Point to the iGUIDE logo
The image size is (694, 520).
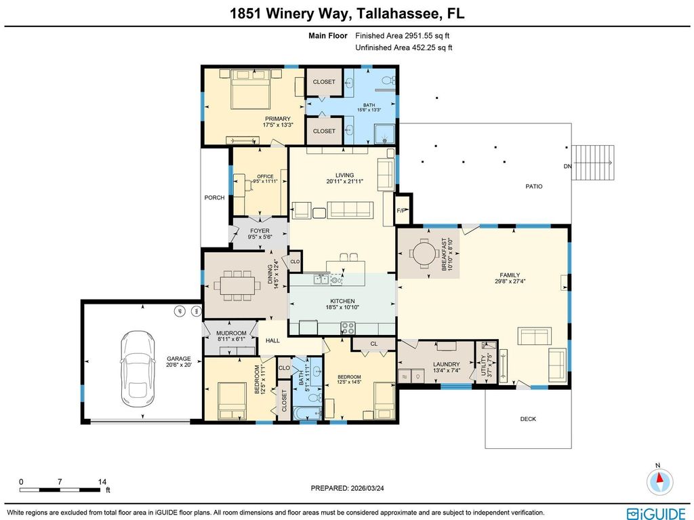click(x=656, y=513)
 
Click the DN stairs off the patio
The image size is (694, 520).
click(x=593, y=163)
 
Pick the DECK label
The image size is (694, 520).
click(x=528, y=418)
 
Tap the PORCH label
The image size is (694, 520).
click(x=214, y=197)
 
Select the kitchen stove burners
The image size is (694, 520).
click(x=348, y=327)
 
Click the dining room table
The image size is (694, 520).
click(x=237, y=285)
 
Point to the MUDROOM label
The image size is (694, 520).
click(x=231, y=333)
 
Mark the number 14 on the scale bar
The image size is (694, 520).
click(x=102, y=482)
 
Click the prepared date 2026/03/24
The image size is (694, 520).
click(x=367, y=488)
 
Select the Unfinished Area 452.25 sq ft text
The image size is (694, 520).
click(x=404, y=47)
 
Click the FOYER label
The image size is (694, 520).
click(x=260, y=231)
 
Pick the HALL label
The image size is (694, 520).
click(x=272, y=340)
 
